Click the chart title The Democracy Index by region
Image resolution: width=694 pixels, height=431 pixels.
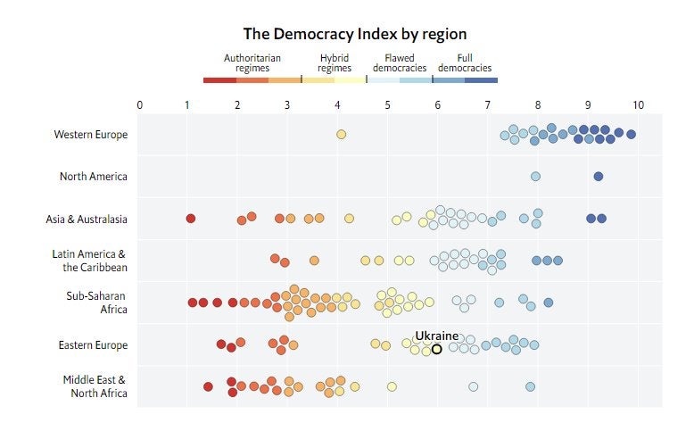(355, 34)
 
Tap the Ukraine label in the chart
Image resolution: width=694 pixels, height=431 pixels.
(436, 336)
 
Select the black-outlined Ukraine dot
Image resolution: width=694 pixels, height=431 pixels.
(437, 349)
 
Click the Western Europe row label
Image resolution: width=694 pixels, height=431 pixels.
(90, 135)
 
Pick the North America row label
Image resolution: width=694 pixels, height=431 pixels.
(93, 177)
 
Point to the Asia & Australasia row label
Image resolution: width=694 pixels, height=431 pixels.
(87, 219)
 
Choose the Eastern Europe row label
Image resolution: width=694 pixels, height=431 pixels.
(93, 345)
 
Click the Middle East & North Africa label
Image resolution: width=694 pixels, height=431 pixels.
(95, 386)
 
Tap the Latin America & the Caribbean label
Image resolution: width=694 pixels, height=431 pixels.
(89, 261)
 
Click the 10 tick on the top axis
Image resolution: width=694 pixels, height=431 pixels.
(637, 105)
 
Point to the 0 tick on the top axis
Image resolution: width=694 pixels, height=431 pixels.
(139, 105)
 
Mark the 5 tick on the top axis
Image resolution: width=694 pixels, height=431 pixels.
(388, 105)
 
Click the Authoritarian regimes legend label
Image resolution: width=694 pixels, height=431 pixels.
(252, 62)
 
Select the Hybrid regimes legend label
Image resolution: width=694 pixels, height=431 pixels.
(335, 62)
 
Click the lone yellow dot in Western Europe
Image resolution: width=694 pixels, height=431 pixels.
(341, 135)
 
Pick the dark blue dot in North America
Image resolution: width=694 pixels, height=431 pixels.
(598, 177)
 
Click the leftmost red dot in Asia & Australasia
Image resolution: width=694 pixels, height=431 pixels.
(190, 219)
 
